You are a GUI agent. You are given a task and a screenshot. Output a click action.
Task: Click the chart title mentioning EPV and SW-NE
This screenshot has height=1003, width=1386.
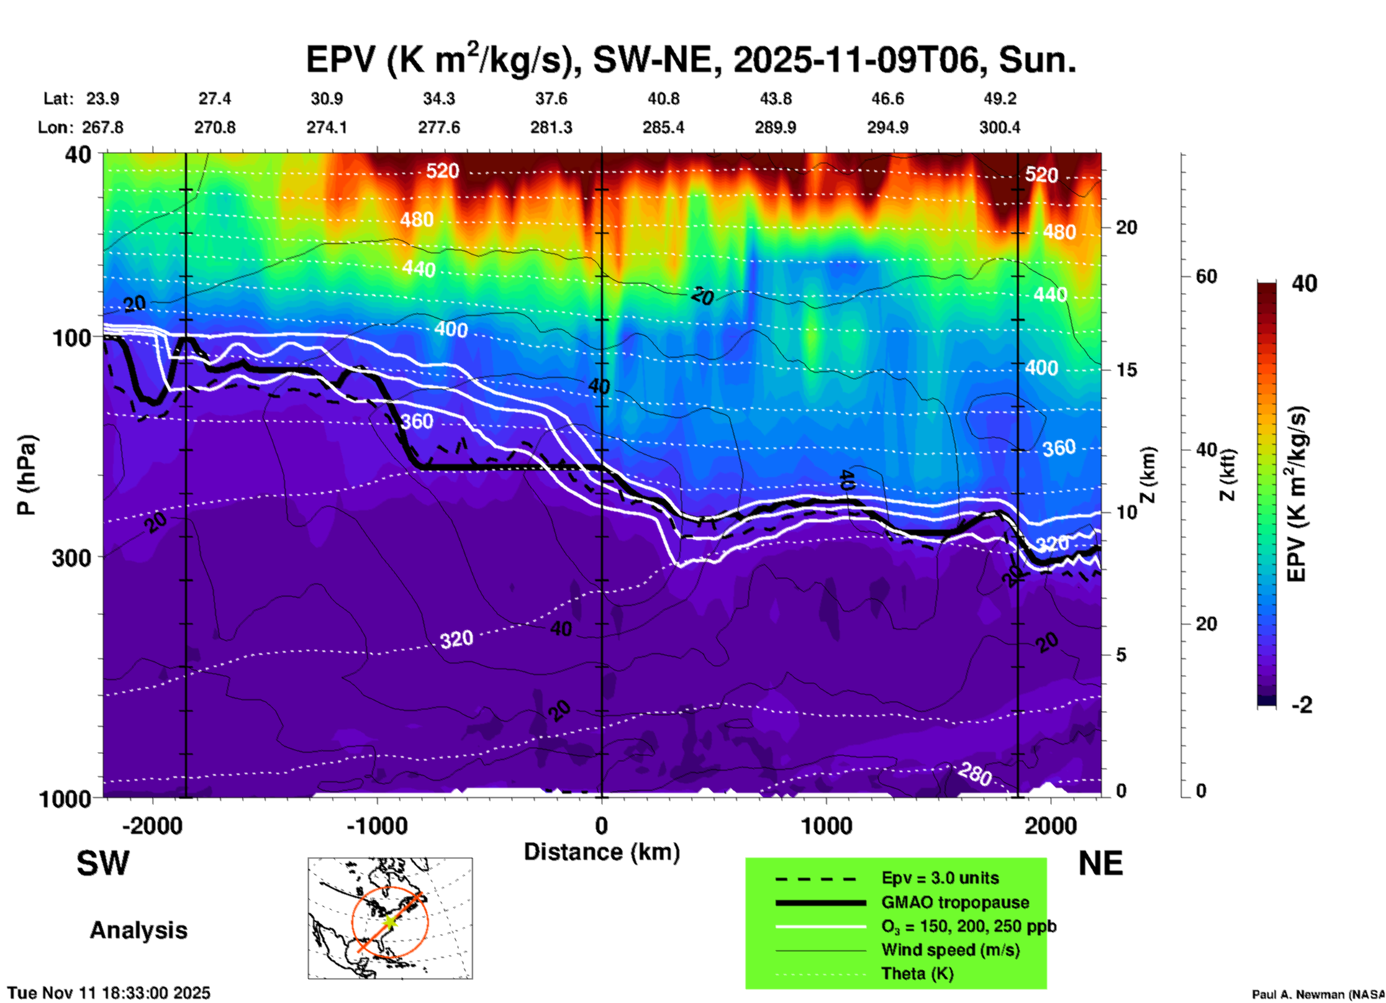click(x=691, y=60)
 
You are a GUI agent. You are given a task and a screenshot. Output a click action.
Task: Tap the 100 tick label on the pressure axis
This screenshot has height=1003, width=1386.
click(x=72, y=337)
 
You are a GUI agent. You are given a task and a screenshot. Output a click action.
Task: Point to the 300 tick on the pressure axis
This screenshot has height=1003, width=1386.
click(x=72, y=557)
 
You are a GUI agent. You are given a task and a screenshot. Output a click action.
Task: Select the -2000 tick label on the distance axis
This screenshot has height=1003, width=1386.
click(x=153, y=826)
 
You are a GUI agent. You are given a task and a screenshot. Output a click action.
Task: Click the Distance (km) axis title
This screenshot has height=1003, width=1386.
click(x=602, y=852)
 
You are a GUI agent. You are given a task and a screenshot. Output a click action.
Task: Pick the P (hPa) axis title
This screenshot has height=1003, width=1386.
click(x=27, y=475)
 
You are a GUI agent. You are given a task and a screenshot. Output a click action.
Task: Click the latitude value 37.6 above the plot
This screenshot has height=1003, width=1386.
click(x=551, y=99)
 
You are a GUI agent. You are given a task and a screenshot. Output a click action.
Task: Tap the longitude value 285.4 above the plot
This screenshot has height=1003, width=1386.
click(x=663, y=128)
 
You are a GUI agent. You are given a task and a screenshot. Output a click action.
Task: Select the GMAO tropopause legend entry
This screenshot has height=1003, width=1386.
click(x=954, y=902)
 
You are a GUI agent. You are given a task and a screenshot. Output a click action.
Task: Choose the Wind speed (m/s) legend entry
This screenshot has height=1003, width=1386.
click(x=950, y=950)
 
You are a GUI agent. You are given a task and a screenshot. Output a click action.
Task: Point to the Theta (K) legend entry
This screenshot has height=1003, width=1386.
click(x=917, y=973)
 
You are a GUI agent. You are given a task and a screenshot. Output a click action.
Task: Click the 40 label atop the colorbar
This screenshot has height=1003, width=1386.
click(x=1304, y=283)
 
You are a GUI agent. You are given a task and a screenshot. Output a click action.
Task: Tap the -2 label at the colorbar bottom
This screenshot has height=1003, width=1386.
click(x=1301, y=705)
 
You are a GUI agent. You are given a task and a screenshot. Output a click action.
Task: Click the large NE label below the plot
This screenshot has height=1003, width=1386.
click(x=1100, y=864)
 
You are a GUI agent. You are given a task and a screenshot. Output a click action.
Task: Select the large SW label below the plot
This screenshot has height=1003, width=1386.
click(x=103, y=864)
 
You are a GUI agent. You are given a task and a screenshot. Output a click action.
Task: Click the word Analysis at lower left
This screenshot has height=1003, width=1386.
click(x=138, y=930)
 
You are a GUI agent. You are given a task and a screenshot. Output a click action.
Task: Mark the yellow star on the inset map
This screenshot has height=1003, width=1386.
click(x=389, y=922)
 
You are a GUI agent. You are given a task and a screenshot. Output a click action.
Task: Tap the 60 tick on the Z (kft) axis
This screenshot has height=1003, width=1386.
click(x=1206, y=276)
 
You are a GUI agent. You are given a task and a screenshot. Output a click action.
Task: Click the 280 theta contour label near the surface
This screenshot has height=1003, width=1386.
click(x=975, y=775)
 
